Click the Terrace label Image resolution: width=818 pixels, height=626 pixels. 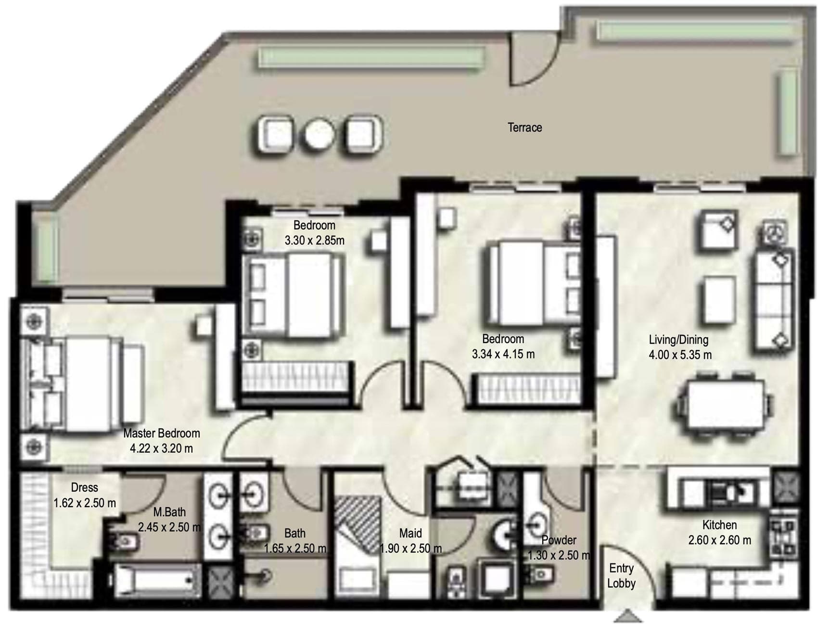(524, 128)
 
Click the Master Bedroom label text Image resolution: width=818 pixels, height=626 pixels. (162, 433)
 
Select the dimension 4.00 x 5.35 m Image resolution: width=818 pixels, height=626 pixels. (680, 355)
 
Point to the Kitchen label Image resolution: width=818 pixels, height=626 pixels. (719, 524)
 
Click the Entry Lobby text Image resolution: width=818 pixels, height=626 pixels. (621, 576)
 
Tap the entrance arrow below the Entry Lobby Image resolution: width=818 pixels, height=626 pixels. (628, 616)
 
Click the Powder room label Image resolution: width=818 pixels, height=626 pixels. (559, 540)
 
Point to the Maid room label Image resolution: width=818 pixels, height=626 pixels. (410, 533)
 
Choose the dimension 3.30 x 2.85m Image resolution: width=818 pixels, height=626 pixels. (315, 241)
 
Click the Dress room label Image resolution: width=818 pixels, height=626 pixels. (85, 487)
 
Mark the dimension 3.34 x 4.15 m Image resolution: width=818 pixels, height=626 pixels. (503, 355)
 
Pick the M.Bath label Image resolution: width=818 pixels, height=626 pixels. (169, 512)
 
